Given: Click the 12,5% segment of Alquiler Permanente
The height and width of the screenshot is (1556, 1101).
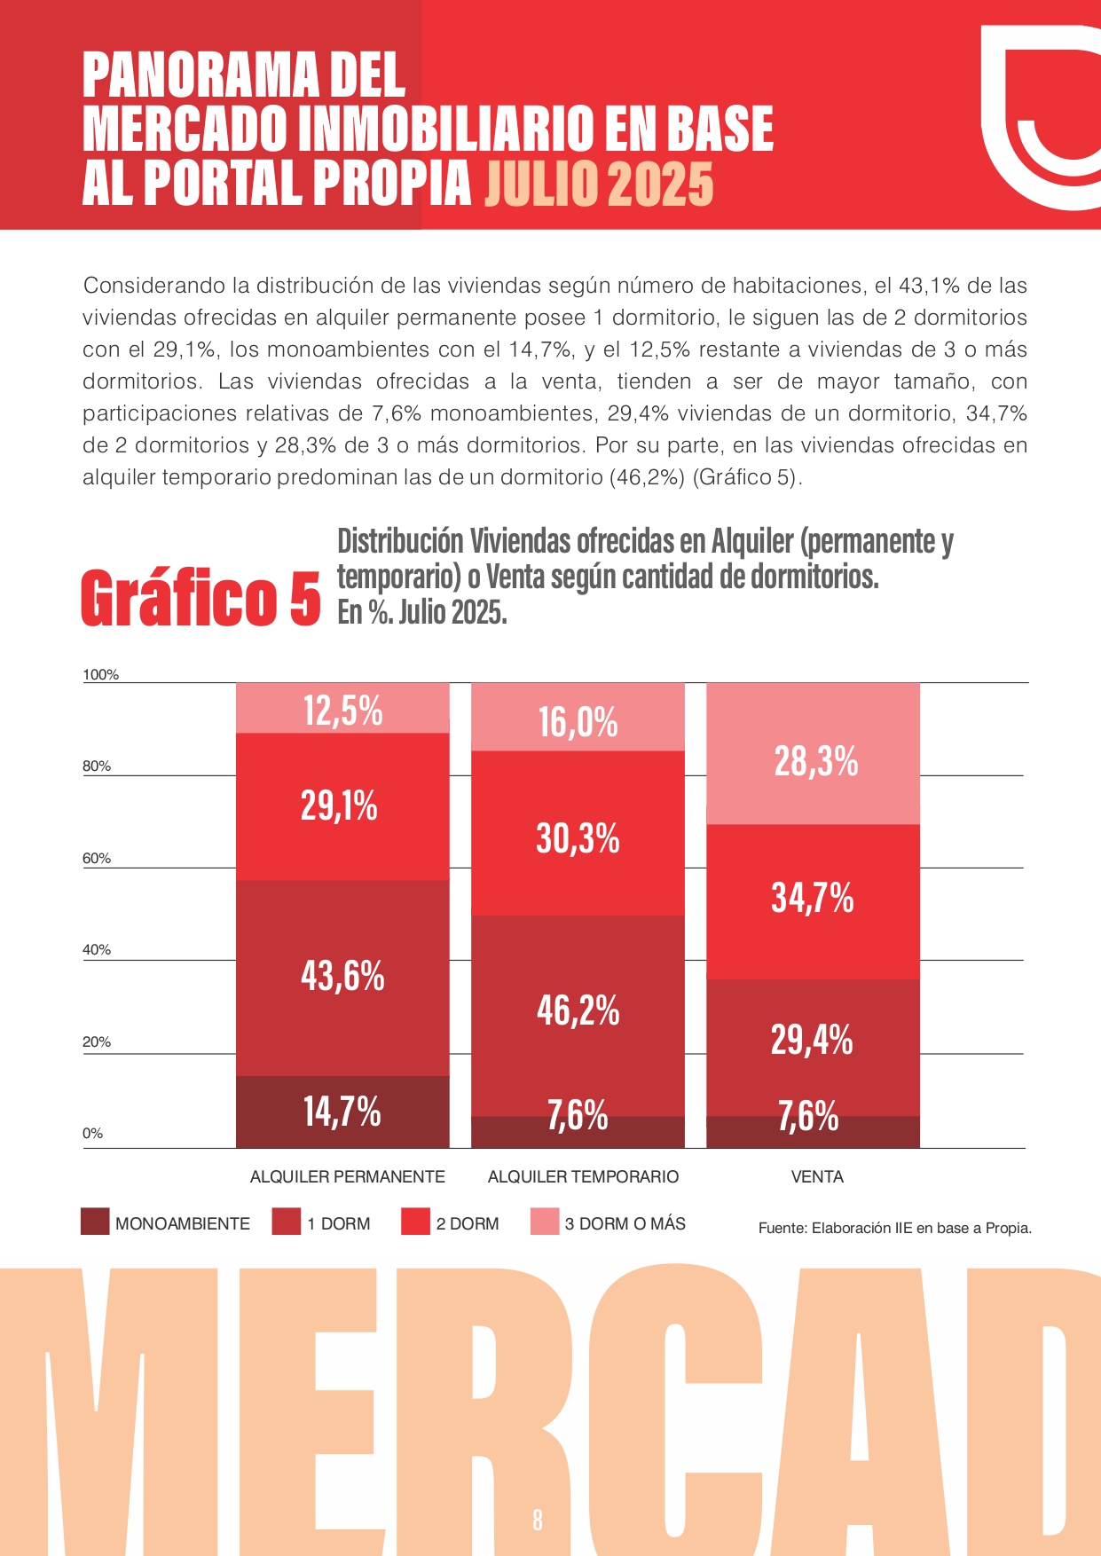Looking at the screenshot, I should coord(342,709).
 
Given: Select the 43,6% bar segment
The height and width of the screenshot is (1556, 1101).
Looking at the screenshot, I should coord(342,977).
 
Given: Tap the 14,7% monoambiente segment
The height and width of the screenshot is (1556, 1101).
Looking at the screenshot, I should coord(342,1112).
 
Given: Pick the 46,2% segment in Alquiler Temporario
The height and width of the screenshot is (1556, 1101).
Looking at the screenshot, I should coord(578,1011).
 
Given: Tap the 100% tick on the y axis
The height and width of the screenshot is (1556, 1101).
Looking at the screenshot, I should coord(100,675).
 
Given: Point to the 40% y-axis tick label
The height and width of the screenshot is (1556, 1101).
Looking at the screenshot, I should coord(97,950).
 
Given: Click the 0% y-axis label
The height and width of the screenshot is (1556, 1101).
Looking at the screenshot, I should coord(92,1134).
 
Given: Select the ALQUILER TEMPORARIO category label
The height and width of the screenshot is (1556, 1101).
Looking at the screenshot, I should coord(583,1177).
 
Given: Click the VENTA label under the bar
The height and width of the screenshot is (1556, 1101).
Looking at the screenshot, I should coord(817,1177).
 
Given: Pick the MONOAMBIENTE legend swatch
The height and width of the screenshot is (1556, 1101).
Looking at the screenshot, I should coord(95,1222).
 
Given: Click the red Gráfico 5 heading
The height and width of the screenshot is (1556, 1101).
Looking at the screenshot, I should coord(201,598).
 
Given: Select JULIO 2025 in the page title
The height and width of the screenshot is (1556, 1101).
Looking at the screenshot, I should coord(599,185).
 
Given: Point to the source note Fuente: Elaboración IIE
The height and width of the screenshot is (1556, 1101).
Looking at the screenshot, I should coord(894,1229).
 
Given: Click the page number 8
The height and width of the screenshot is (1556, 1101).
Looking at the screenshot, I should coord(538,1520).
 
